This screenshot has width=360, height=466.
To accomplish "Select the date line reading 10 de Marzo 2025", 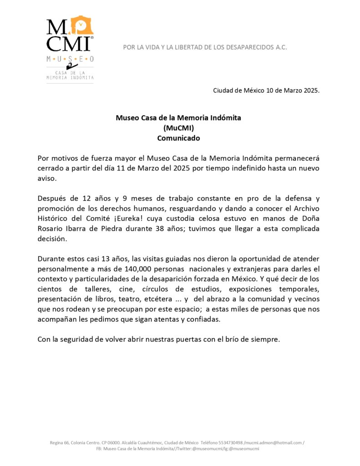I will coord(266,90).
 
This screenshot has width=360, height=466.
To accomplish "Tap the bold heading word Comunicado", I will coord(178,138).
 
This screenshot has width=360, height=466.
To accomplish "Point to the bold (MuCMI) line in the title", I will coord(178,128).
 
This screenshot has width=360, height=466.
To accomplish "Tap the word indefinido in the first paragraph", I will coord(238,168).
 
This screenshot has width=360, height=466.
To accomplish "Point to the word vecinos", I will coord(305,299).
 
